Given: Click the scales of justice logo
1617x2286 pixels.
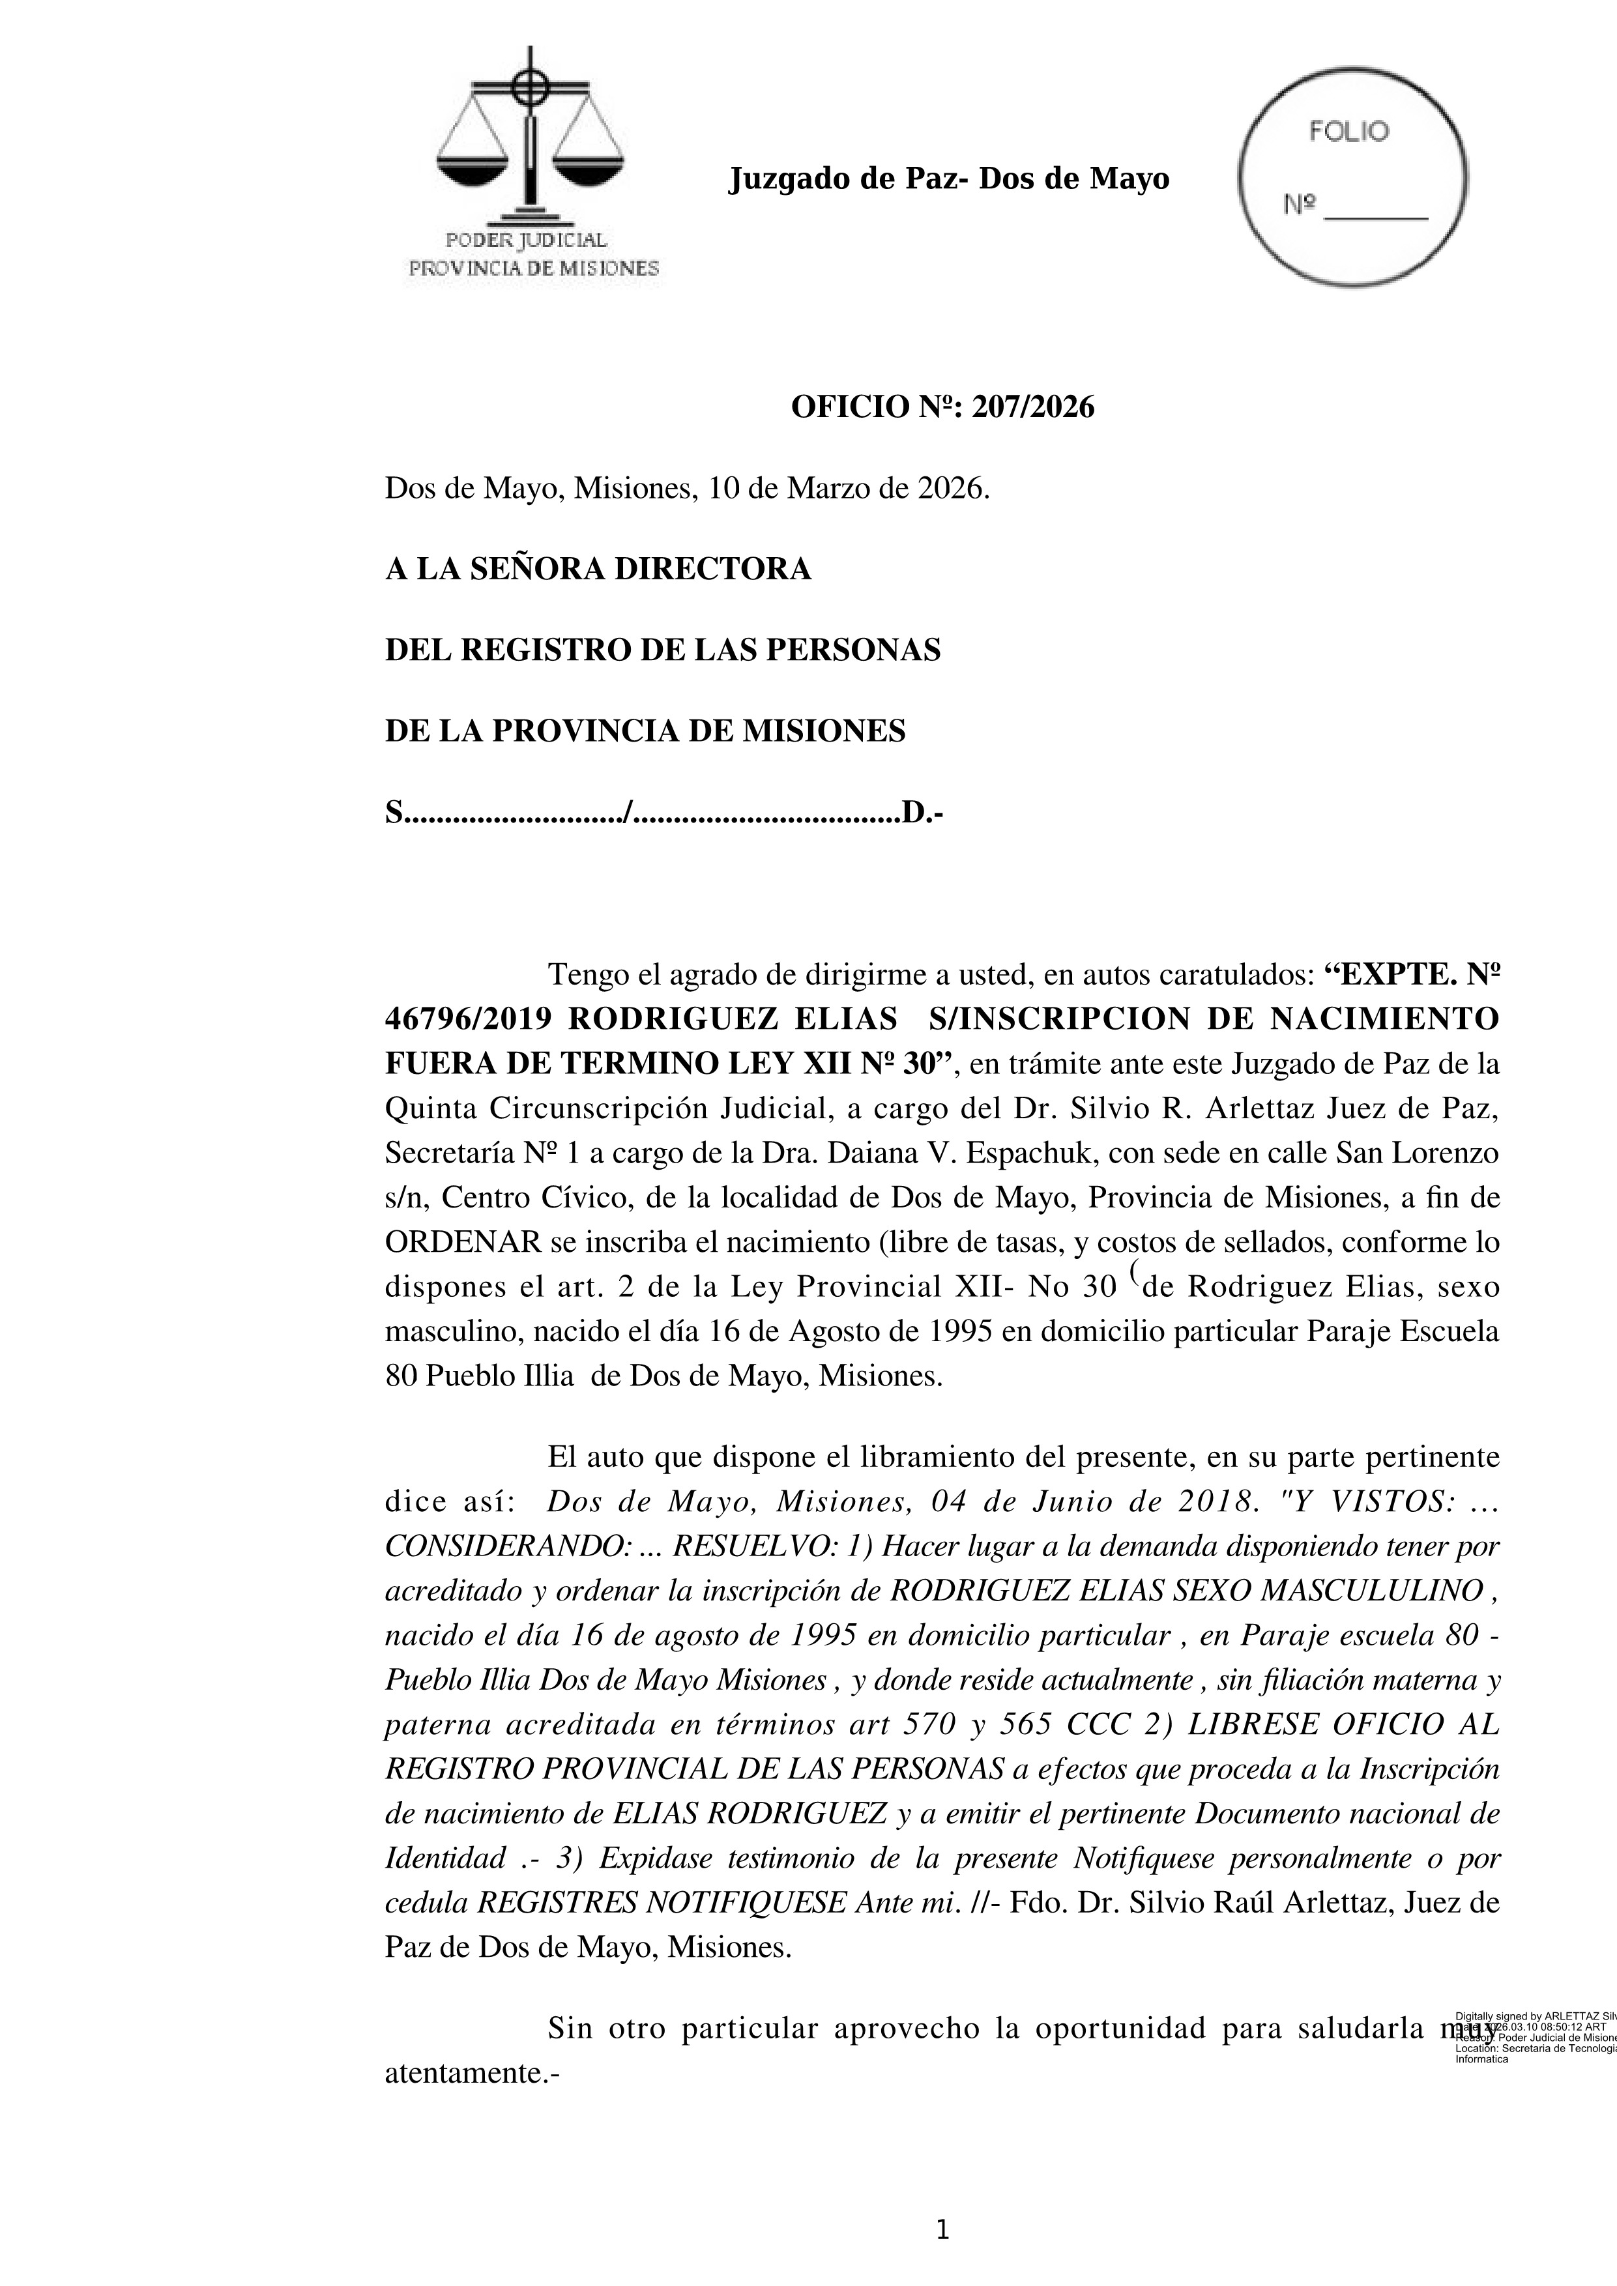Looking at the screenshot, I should [x=530, y=139].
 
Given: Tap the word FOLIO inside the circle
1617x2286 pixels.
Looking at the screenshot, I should [x=1348, y=132].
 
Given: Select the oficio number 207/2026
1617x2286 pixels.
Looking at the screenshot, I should [x=1032, y=407].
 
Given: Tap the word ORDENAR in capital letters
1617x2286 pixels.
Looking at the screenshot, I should [x=463, y=1243].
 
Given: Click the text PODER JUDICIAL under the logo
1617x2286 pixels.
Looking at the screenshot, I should [x=525, y=241].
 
